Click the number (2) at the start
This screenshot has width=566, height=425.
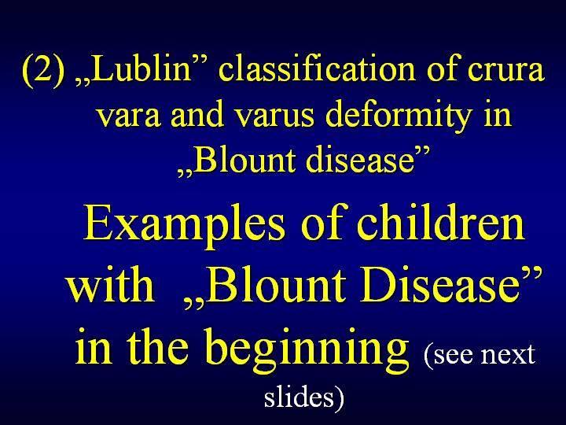tap(44, 71)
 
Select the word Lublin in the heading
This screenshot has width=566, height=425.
tap(140, 68)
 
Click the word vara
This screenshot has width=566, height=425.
tap(129, 116)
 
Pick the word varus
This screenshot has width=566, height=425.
tap(274, 116)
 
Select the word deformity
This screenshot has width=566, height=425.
tap(399, 116)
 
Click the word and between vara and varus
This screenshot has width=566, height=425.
tap(197, 113)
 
